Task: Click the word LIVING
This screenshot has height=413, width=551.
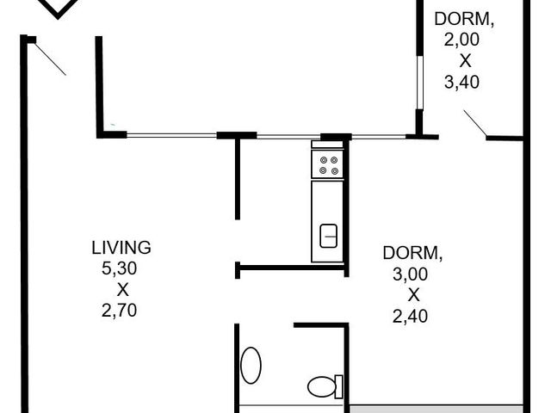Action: [121, 248]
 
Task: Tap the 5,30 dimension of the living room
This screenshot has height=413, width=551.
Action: [119, 268]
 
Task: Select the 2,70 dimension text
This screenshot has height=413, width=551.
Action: [119, 311]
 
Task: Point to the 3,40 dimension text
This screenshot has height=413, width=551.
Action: [461, 83]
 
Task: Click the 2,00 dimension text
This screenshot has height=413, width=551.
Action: [461, 40]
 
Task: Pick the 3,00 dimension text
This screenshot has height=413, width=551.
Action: [410, 274]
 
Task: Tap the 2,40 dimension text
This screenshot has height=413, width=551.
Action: [410, 316]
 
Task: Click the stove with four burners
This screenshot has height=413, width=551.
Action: [327, 164]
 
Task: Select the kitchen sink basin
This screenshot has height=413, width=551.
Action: [329, 236]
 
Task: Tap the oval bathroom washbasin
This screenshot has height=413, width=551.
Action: [251, 365]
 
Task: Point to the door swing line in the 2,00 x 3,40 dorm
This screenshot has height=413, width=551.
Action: [475, 123]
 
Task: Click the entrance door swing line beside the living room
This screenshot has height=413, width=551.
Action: [50, 59]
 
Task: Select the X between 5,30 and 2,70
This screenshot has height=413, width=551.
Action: [122, 290]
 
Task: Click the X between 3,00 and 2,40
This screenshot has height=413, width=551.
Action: [413, 295]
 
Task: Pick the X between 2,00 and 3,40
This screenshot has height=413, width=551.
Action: [465, 61]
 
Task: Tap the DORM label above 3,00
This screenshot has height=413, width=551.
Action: [412, 253]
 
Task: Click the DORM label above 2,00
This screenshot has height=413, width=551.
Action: [464, 19]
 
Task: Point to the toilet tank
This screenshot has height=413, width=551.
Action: [338, 386]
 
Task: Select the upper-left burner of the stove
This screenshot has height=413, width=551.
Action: [324, 160]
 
